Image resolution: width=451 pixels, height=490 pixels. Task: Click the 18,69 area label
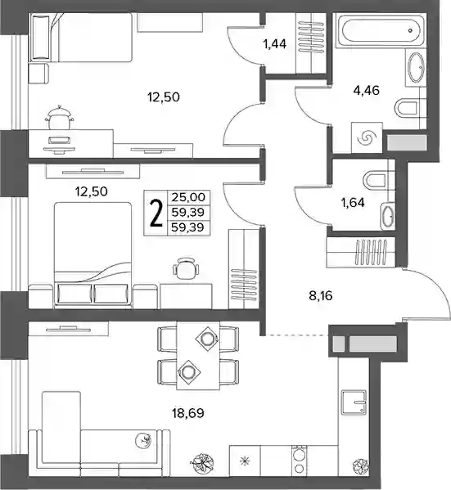point(188,413)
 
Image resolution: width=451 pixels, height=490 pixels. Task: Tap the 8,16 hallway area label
point(321,295)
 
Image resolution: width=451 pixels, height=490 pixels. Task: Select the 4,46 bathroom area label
point(366,90)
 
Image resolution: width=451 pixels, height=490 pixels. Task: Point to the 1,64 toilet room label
point(353,203)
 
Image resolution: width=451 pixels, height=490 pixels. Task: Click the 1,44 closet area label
point(275,44)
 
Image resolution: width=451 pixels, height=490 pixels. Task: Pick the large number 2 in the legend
point(156,214)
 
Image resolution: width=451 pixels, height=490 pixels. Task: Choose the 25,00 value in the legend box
point(188,197)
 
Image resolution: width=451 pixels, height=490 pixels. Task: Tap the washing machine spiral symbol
point(367,137)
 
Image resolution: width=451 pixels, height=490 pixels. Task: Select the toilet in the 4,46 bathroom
point(406,109)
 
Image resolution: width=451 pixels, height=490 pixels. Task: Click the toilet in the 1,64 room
point(376,181)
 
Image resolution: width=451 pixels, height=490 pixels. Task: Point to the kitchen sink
point(354,402)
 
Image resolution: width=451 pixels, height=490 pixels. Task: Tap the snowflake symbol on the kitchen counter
point(245,461)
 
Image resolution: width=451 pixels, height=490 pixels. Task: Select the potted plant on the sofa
point(143,439)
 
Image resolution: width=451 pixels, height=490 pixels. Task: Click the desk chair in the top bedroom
point(59,117)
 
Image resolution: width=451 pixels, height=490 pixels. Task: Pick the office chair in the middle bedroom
point(186,267)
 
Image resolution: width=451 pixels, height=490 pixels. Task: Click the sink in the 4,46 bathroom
point(416,68)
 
